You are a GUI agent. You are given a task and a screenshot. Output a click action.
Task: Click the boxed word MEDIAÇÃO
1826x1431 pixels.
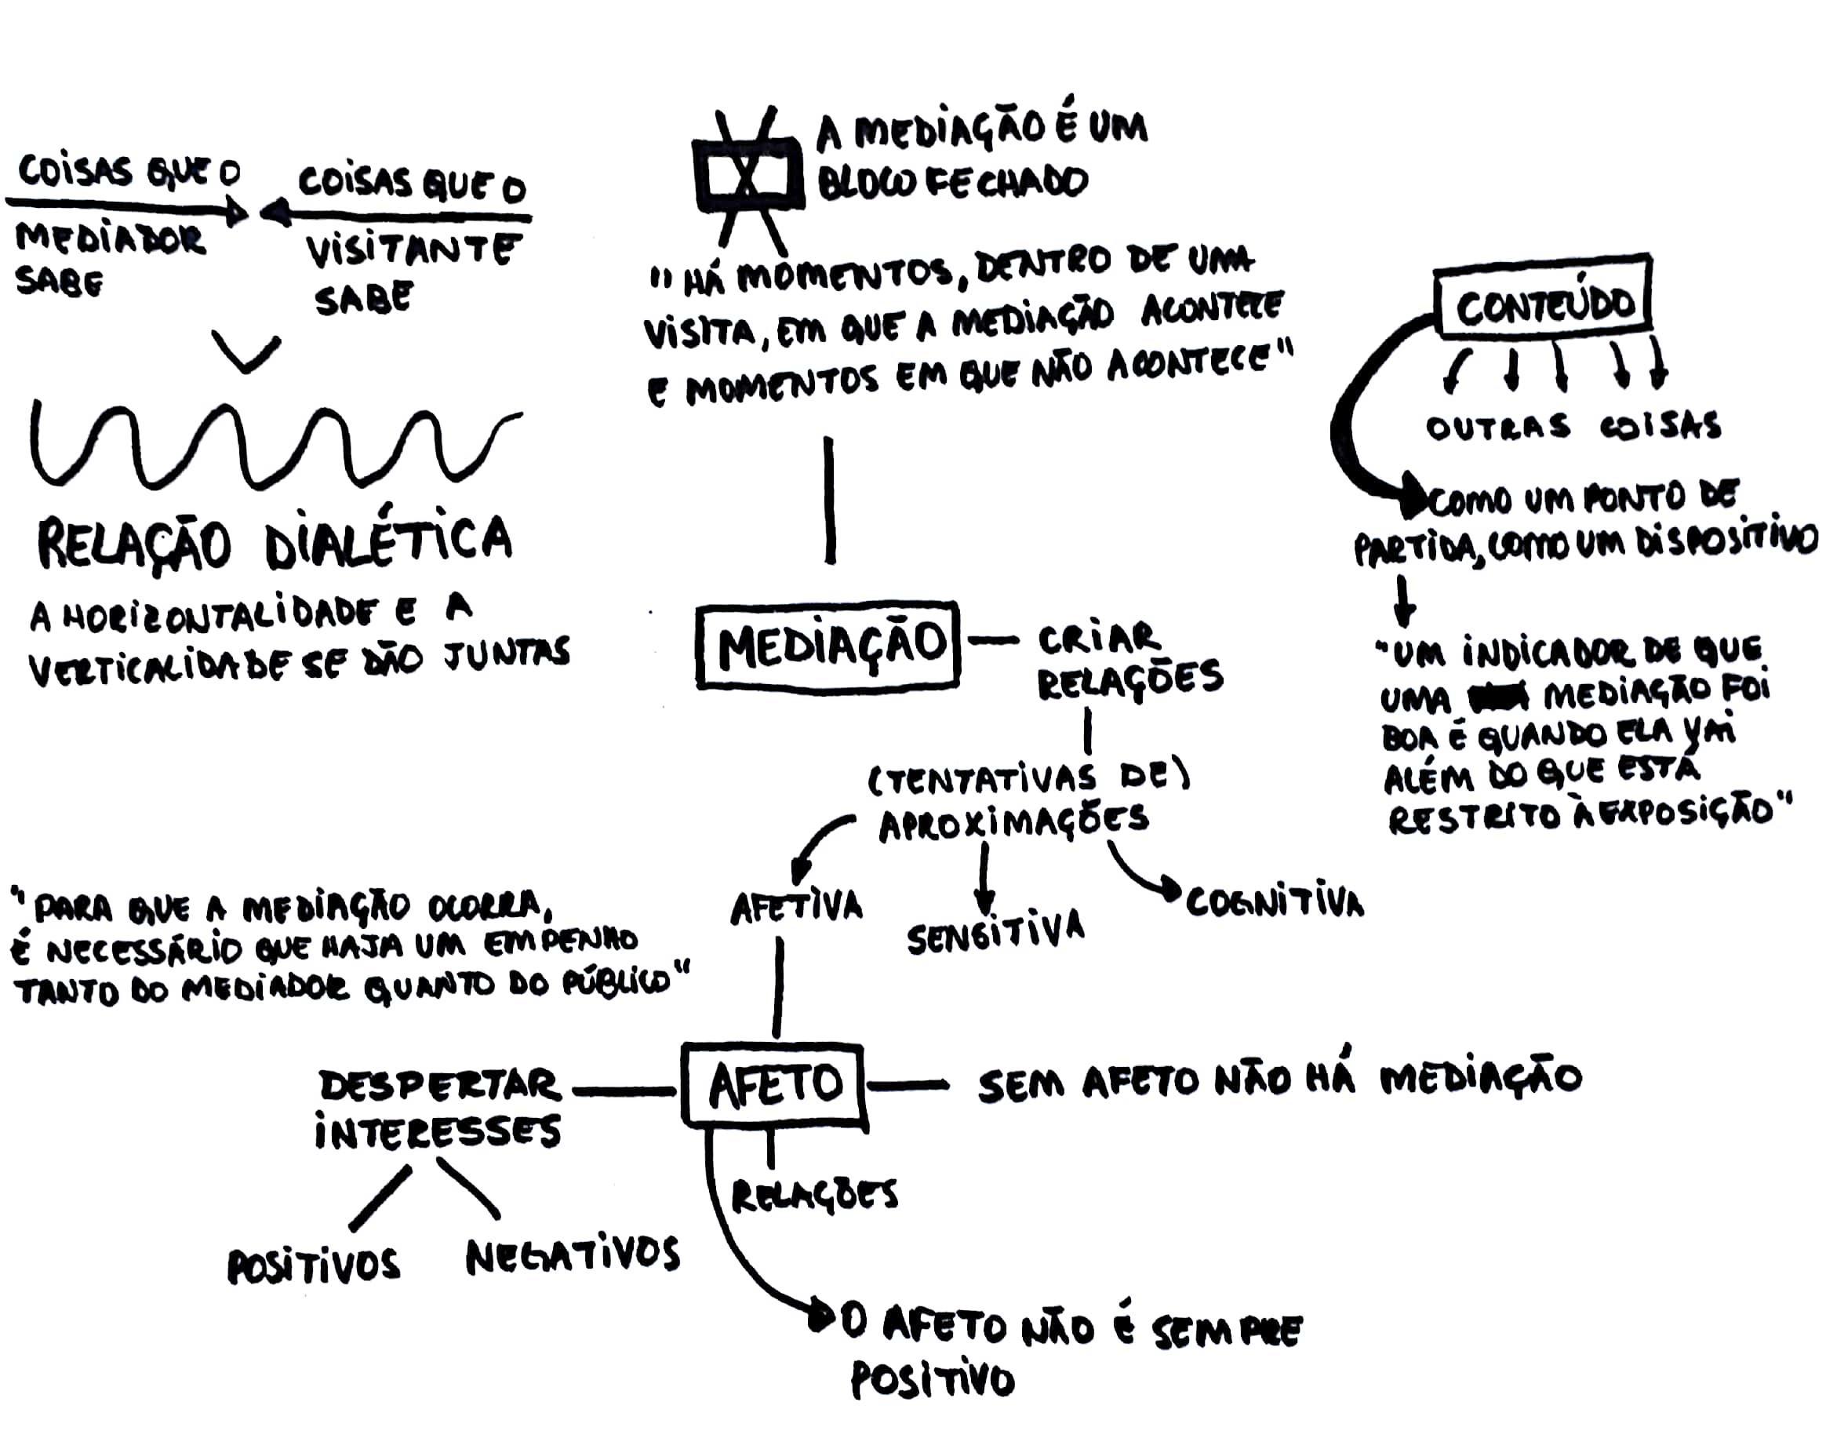click(x=828, y=646)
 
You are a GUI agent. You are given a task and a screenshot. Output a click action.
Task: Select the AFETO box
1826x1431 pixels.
click(x=773, y=1084)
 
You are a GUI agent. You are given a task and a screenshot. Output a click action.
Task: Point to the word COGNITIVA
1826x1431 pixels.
click(x=1274, y=901)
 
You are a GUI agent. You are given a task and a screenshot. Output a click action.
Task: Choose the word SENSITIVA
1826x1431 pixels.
click(x=995, y=933)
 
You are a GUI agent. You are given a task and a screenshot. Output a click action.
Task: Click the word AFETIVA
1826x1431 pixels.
click(x=795, y=908)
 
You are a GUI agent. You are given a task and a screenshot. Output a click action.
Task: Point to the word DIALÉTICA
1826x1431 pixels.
click(x=387, y=541)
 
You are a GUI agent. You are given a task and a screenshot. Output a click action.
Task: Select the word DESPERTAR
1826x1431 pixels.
click(x=440, y=1086)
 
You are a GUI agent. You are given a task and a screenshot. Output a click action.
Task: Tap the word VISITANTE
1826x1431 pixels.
click(x=412, y=250)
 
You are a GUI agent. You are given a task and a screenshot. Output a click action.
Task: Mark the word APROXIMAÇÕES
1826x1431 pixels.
click(x=1013, y=823)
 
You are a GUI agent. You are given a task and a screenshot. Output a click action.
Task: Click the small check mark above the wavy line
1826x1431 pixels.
click(x=246, y=352)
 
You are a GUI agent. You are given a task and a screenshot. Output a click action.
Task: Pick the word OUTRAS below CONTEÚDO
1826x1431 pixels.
click(x=1497, y=428)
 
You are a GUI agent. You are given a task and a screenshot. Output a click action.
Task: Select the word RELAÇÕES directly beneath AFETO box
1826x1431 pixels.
click(x=814, y=1196)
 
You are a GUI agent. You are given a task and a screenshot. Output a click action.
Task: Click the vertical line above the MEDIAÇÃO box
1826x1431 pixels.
click(x=829, y=501)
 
